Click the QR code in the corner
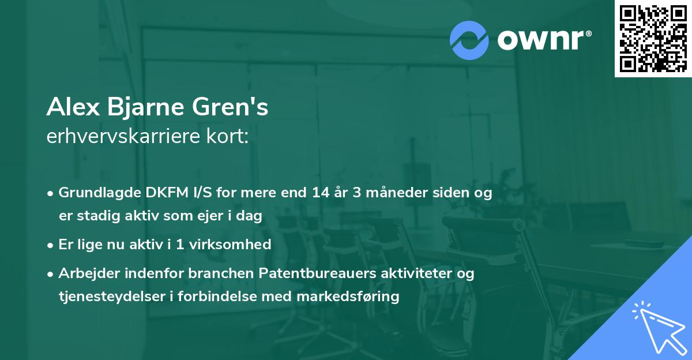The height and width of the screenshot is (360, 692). tap(653, 39)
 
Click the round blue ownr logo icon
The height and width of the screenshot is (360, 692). tap(469, 40)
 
